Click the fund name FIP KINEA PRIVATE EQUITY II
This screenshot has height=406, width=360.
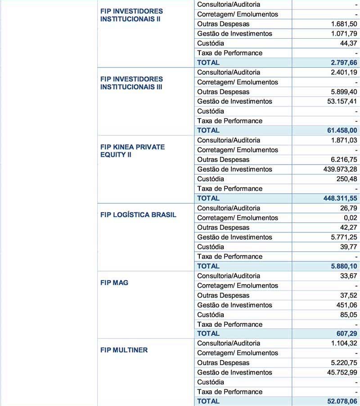132,151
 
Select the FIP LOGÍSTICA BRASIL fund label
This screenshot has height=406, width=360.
138,215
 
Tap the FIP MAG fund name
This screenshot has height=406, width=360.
114,283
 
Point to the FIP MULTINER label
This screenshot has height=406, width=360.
124,350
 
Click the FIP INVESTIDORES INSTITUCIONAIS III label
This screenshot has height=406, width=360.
131,83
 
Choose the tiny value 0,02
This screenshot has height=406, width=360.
350,218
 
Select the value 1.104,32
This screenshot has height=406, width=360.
342,344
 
